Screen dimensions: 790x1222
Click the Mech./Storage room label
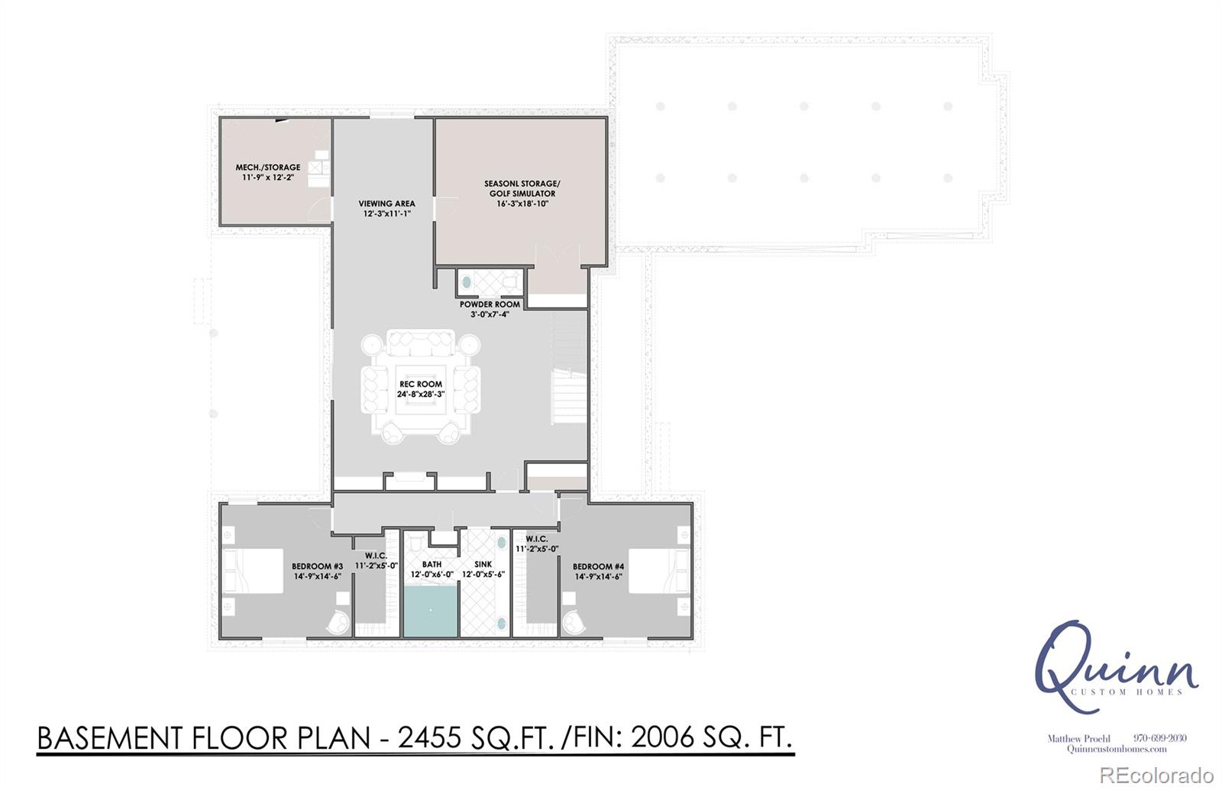pos(267,172)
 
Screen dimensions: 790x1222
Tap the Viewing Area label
pos(386,208)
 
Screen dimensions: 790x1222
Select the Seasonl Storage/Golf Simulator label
pos(522,193)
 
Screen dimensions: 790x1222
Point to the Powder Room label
pos(490,308)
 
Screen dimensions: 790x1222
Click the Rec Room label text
pos(420,389)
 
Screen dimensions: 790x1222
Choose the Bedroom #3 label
pos(317,571)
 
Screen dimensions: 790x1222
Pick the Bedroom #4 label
pos(599,571)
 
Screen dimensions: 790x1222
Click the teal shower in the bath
pos(430,611)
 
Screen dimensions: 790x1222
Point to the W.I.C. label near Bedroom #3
pos(376,559)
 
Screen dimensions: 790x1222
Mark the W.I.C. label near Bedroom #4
pos(537,543)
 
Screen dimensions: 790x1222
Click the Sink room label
pos(483,569)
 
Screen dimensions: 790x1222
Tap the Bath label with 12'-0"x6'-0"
pos(432,569)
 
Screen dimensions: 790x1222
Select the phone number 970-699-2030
pos(1159,738)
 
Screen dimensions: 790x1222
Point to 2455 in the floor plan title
pos(430,738)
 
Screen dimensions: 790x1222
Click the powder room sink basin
pos(466,283)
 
